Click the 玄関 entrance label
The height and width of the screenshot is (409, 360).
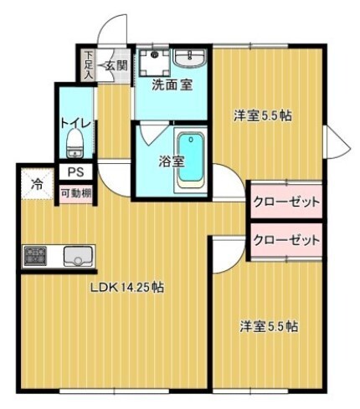pos(116,65)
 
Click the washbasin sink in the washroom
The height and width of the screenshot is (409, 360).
pos(192,58)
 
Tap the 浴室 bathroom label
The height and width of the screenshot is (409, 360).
pos(171,161)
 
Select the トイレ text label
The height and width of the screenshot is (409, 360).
pos(74,124)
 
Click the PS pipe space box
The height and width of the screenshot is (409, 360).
pos(75,174)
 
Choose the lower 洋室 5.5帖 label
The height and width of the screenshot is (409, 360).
pos(268,326)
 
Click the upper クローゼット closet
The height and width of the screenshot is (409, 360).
pos(287,202)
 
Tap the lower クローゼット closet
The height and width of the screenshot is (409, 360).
pos(287,240)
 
